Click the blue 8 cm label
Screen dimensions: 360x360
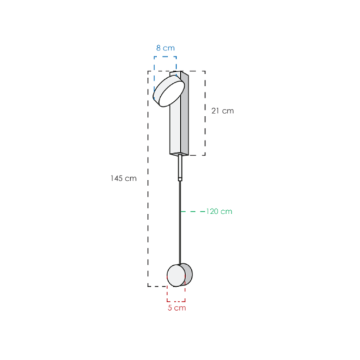[x=166, y=48]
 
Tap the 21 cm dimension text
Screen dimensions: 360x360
[x=223, y=110]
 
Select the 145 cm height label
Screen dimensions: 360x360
[x=124, y=178]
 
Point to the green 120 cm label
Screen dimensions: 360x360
[x=219, y=211]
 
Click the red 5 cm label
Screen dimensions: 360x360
[x=176, y=308]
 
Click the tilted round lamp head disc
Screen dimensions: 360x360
[x=169, y=91]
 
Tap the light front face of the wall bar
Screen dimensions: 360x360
[x=175, y=128]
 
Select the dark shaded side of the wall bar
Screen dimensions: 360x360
[x=185, y=113]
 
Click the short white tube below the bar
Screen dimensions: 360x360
[x=180, y=166]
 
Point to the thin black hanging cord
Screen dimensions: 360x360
[x=180, y=222]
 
